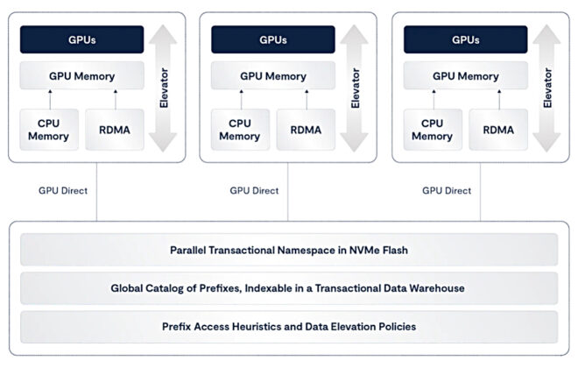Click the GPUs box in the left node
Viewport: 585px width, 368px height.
point(81,40)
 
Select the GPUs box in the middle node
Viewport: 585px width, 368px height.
point(273,40)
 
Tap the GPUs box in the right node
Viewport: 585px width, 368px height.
point(465,40)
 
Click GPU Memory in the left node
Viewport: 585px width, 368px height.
point(81,76)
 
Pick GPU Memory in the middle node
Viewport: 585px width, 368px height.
point(273,76)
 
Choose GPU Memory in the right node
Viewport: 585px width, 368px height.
point(465,76)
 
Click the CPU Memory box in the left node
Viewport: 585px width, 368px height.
point(48,130)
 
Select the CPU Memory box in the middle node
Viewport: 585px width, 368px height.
point(240,130)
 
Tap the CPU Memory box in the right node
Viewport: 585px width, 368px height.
point(432,130)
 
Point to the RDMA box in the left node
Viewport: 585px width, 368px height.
point(114,130)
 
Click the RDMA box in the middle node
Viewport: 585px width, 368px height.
point(306,130)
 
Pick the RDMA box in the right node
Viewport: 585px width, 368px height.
point(497,130)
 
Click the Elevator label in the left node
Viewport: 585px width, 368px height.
point(164,88)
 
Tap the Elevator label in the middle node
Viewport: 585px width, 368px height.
point(356,88)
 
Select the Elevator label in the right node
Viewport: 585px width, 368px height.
point(547,88)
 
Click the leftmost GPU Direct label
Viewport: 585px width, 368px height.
point(62,189)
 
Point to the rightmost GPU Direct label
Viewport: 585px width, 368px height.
point(446,189)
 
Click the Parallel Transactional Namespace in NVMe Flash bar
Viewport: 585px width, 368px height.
point(289,250)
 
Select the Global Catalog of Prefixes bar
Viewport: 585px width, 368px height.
point(289,287)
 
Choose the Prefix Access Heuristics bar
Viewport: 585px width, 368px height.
point(289,326)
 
